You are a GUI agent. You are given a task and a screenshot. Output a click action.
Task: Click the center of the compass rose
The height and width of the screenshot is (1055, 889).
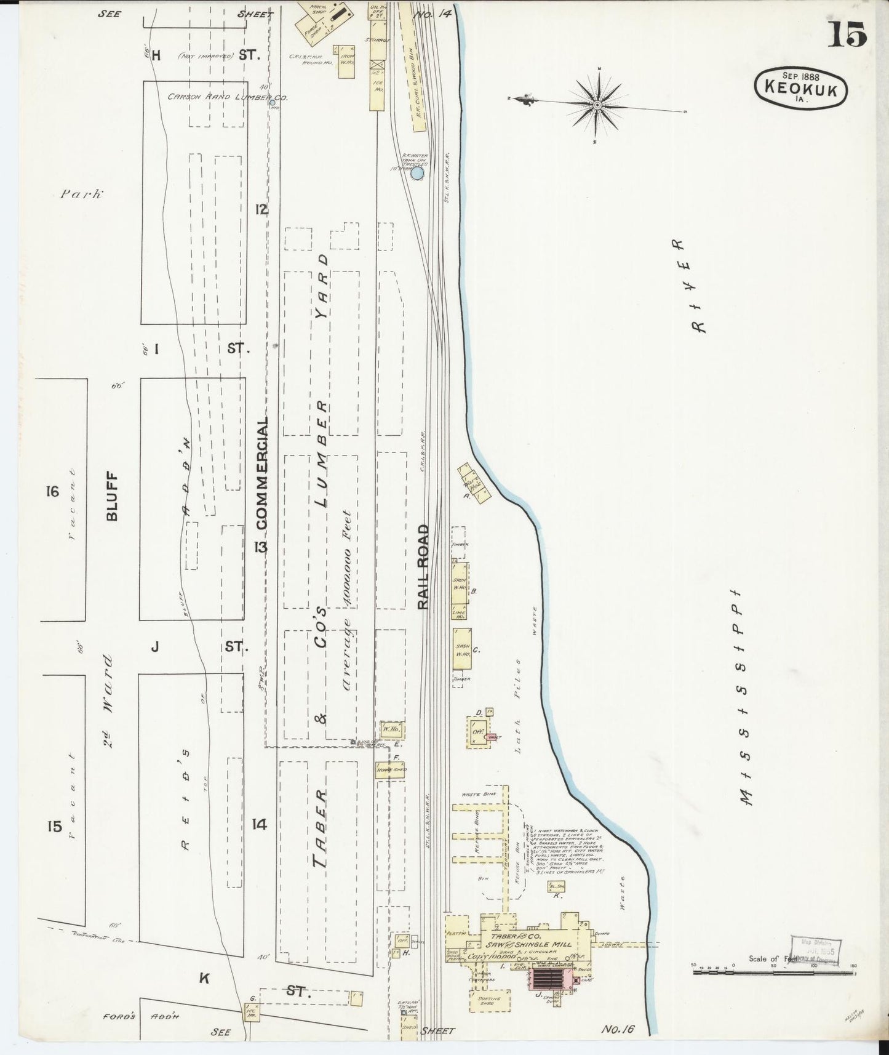coord(597,106)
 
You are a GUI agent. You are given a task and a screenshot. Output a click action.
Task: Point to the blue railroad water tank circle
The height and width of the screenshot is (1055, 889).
coord(417,174)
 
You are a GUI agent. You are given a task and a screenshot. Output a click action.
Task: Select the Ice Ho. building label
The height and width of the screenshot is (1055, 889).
coord(378,87)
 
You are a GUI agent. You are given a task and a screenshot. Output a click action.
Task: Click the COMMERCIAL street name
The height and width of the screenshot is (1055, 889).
coord(262,474)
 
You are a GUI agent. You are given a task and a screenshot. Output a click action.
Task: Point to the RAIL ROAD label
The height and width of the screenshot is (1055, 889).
coord(423,567)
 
